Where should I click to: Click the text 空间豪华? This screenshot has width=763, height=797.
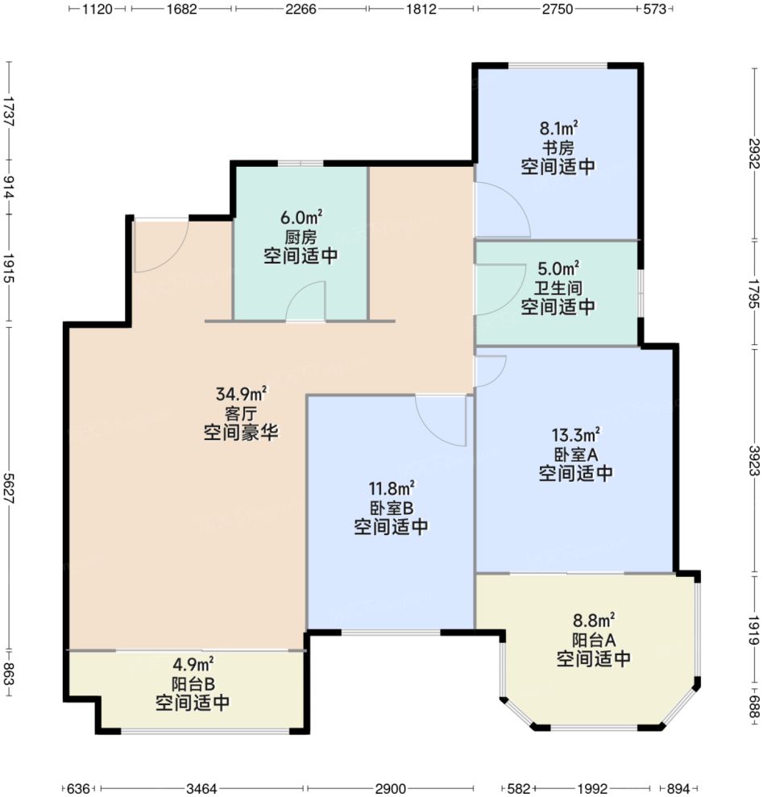(x=241, y=433)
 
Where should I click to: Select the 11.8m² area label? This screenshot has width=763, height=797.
(x=392, y=488)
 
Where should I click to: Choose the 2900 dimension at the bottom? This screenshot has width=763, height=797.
(x=390, y=788)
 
